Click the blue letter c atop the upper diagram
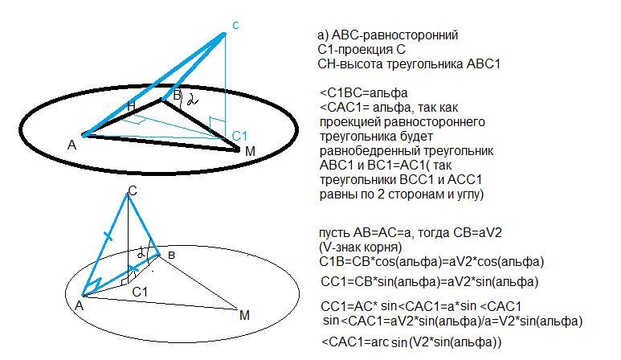235,26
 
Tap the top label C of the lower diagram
132,190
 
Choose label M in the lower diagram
244,315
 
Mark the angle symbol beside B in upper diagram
190,102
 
